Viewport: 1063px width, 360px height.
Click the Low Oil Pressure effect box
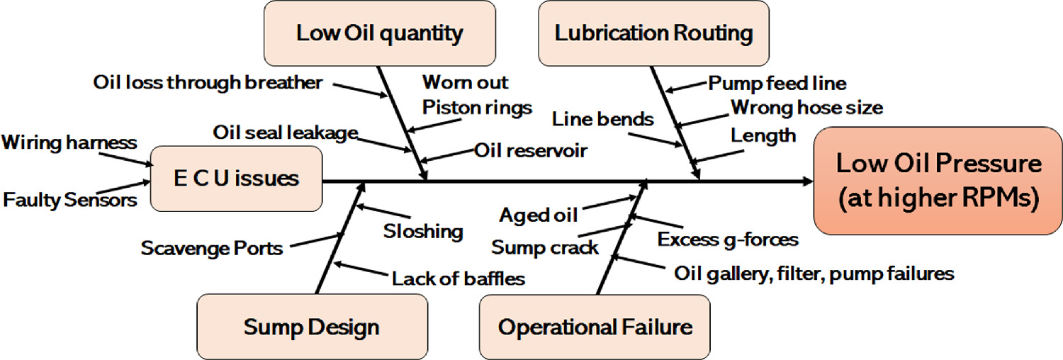coord(938,181)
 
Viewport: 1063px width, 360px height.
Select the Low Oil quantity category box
coord(379,33)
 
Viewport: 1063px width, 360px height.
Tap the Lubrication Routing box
coord(653,33)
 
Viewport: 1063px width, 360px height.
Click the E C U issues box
coord(237,178)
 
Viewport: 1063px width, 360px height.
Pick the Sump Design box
coord(312,327)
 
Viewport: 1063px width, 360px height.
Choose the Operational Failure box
coord(595,327)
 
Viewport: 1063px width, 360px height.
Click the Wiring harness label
coord(69,142)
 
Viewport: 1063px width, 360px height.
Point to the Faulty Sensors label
coord(70,200)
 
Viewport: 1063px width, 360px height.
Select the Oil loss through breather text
coord(208,83)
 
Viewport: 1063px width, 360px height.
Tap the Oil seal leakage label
coord(285,133)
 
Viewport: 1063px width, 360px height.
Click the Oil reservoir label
coord(530,151)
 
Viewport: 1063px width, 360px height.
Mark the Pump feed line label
coord(777,84)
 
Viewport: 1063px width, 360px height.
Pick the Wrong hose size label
coord(806,108)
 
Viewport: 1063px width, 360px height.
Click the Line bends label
coord(603,119)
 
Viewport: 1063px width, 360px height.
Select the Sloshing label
coord(423,231)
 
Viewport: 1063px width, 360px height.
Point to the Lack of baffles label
coord(459,279)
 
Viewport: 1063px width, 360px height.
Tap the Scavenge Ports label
coord(212,248)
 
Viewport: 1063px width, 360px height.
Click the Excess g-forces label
coord(728,240)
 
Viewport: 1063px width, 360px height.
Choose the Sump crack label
coord(545,248)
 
